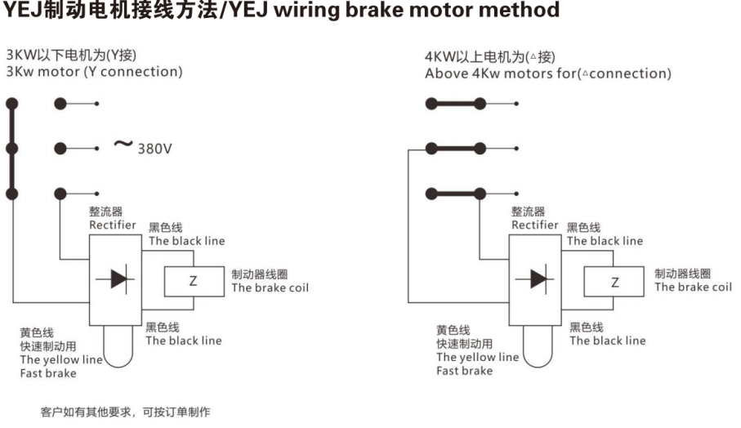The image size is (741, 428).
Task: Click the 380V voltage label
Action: click(154, 149)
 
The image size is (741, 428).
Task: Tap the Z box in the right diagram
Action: click(614, 283)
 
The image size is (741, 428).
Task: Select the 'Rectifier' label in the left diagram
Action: click(113, 225)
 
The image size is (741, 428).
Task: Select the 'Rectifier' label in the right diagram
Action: click(535, 225)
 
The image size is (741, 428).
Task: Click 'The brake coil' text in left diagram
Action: click(270, 288)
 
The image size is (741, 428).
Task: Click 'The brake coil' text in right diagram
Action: click(693, 287)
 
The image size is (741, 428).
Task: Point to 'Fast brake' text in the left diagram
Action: click(48, 373)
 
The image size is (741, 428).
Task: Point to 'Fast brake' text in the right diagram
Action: click(465, 371)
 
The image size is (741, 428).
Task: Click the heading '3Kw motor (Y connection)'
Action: click(94, 72)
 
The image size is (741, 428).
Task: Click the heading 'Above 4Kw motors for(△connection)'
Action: click(548, 74)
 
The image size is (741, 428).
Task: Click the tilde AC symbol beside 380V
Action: click(123, 145)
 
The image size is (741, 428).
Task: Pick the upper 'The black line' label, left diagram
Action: click(186, 241)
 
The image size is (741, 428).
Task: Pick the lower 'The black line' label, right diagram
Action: click(607, 341)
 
